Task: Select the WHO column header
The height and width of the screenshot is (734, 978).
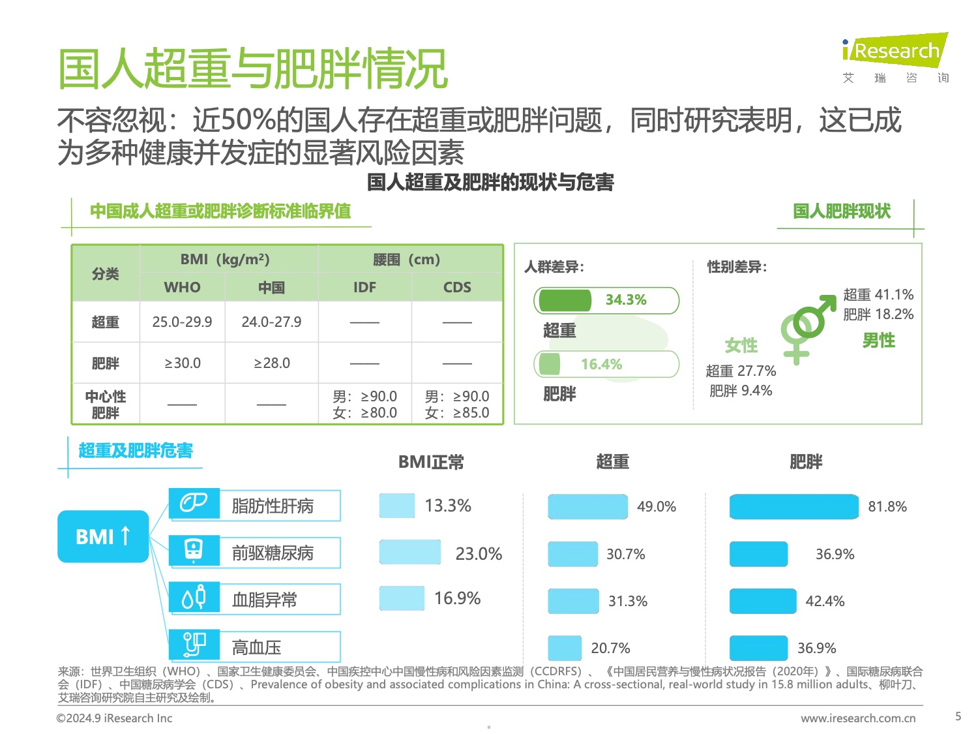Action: tap(182, 287)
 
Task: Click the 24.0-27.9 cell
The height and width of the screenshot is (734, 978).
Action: tap(271, 322)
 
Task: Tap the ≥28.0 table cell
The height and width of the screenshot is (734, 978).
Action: tap(271, 363)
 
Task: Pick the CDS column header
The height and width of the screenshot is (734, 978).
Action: tap(457, 287)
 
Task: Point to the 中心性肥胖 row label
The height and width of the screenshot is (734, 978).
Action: tap(105, 405)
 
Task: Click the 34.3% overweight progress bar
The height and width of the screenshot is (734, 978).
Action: tap(606, 300)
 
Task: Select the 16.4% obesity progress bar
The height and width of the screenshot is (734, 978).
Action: tap(606, 364)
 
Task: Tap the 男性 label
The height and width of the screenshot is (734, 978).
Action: tap(878, 341)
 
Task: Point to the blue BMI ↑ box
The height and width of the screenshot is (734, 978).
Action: tap(103, 536)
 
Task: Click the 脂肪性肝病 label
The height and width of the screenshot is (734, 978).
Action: tap(273, 506)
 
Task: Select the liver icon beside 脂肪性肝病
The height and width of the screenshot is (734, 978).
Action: tap(194, 503)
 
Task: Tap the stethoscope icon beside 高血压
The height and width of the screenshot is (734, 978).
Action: tap(194, 645)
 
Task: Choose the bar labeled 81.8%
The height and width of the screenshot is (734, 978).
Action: tap(793, 507)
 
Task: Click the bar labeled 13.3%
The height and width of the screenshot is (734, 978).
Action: tap(397, 506)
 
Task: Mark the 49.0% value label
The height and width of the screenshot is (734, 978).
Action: tap(656, 507)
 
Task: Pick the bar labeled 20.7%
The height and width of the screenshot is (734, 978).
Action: tap(564, 648)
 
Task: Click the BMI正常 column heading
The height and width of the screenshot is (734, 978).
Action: tap(431, 463)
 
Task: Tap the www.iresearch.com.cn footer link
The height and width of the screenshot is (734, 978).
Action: tap(858, 718)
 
